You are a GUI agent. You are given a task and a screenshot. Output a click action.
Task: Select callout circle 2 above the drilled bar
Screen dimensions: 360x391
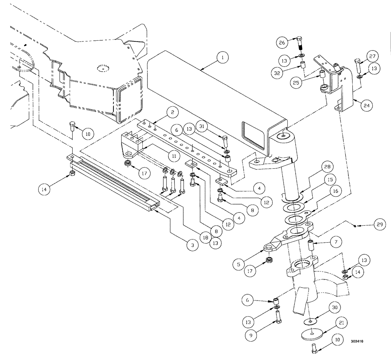(x=172, y=113)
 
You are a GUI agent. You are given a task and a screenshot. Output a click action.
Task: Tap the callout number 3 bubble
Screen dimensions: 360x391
(x=191, y=245)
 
